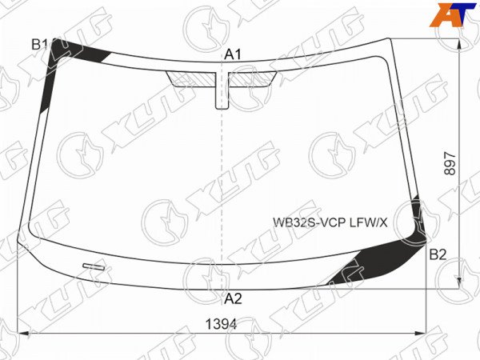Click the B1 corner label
coord(39,45)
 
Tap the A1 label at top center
coord(233,54)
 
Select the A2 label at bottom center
coord(233,298)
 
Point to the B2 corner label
coord(438,254)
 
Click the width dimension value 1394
coord(221,324)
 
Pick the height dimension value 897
coord(450,163)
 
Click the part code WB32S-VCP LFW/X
coord(330,222)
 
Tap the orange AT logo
coord(453,14)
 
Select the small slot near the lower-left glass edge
coord(94,267)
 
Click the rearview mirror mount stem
coord(222,90)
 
